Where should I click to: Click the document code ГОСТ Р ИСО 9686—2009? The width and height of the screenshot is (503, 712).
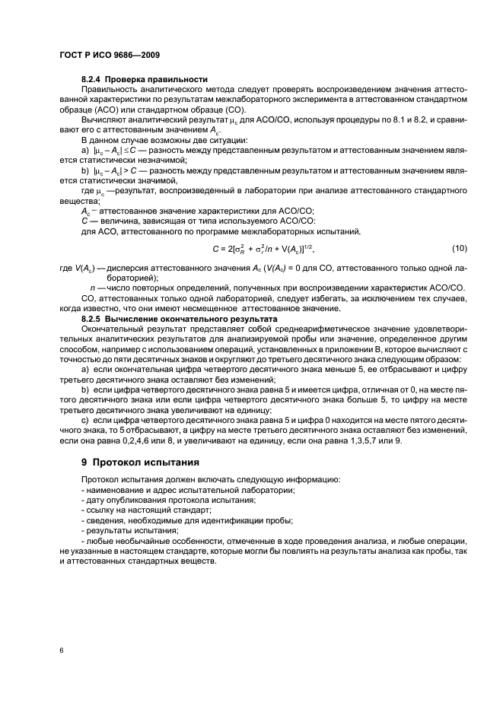point(109,56)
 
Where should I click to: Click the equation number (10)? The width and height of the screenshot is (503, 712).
point(460,249)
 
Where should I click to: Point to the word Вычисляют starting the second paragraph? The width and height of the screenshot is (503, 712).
point(105,119)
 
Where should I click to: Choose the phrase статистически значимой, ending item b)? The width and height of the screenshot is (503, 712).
point(137,180)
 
